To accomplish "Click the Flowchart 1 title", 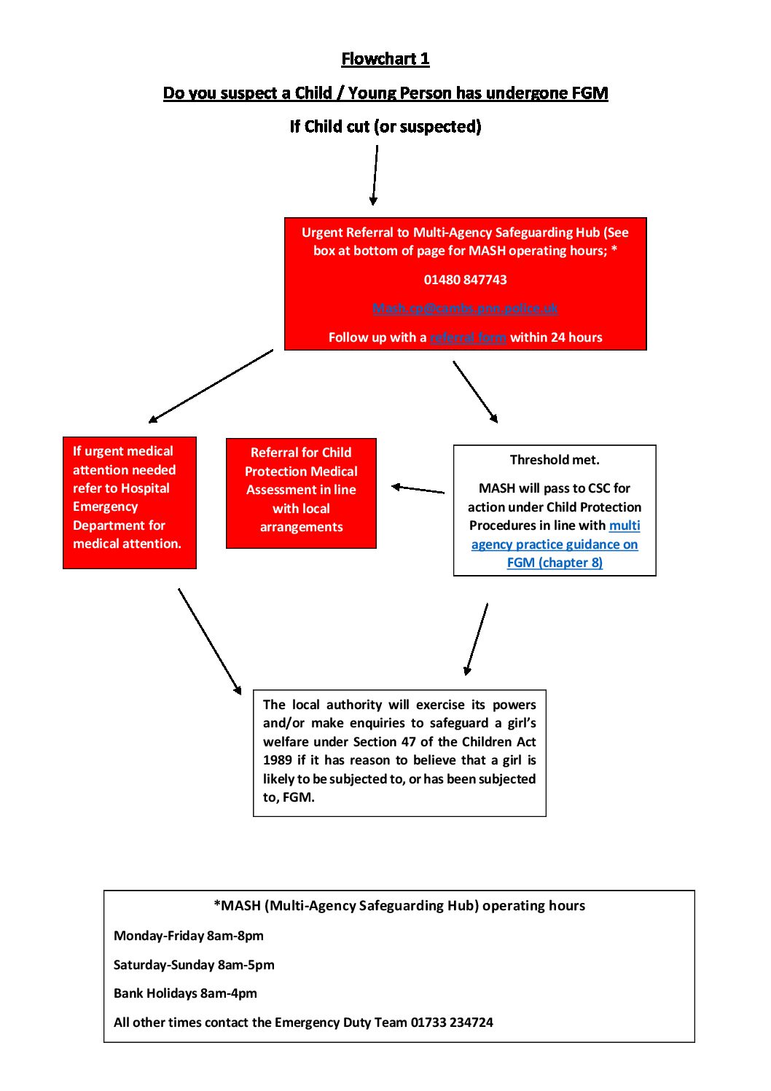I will click(x=385, y=59).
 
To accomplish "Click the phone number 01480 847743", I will click(x=465, y=280).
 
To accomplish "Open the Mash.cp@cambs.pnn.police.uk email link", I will click(x=465, y=308).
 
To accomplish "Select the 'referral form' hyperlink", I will click(x=468, y=337).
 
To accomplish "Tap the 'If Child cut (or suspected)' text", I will click(x=385, y=127).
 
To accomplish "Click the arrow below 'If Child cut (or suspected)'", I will click(x=375, y=175).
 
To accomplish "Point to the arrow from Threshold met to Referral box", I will click(x=418, y=489).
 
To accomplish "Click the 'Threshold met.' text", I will click(x=555, y=460).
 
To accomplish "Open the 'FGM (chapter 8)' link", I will click(x=555, y=563).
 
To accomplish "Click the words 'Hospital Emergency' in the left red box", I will click(x=121, y=497).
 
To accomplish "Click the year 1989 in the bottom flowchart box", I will click(x=277, y=760).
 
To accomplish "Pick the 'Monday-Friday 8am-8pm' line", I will click(x=189, y=936).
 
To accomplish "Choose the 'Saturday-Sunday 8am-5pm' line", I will click(x=194, y=965).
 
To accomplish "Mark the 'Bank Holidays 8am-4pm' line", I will click(x=185, y=993).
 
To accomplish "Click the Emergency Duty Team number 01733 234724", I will click(x=452, y=1022).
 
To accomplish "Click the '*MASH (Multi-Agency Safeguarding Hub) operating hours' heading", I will click(x=399, y=906).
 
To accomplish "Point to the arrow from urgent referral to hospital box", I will click(x=211, y=386).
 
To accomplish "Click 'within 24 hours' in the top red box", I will click(x=556, y=337).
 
